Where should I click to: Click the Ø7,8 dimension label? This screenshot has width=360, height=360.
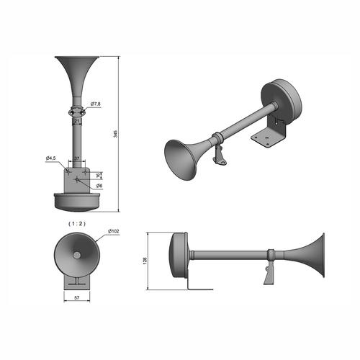pyautogui.click(x=96, y=104)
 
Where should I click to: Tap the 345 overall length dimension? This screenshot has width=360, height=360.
pyautogui.click(x=115, y=134)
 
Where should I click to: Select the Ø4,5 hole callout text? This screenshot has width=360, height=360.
pyautogui.click(x=50, y=158)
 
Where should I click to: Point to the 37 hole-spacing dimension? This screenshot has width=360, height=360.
pyautogui.click(x=76, y=158)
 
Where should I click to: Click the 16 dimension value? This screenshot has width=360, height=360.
pyautogui.click(x=98, y=176)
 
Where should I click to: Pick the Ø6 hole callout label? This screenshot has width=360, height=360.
pyautogui.click(x=99, y=186)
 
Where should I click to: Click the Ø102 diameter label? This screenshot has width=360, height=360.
pyautogui.click(x=113, y=231)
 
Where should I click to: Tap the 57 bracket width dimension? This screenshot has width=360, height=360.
pyautogui.click(x=77, y=298)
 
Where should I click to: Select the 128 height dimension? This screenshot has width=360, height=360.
pyautogui.click(x=145, y=261)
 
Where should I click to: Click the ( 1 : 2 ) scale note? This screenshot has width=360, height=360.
pyautogui.click(x=77, y=223)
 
